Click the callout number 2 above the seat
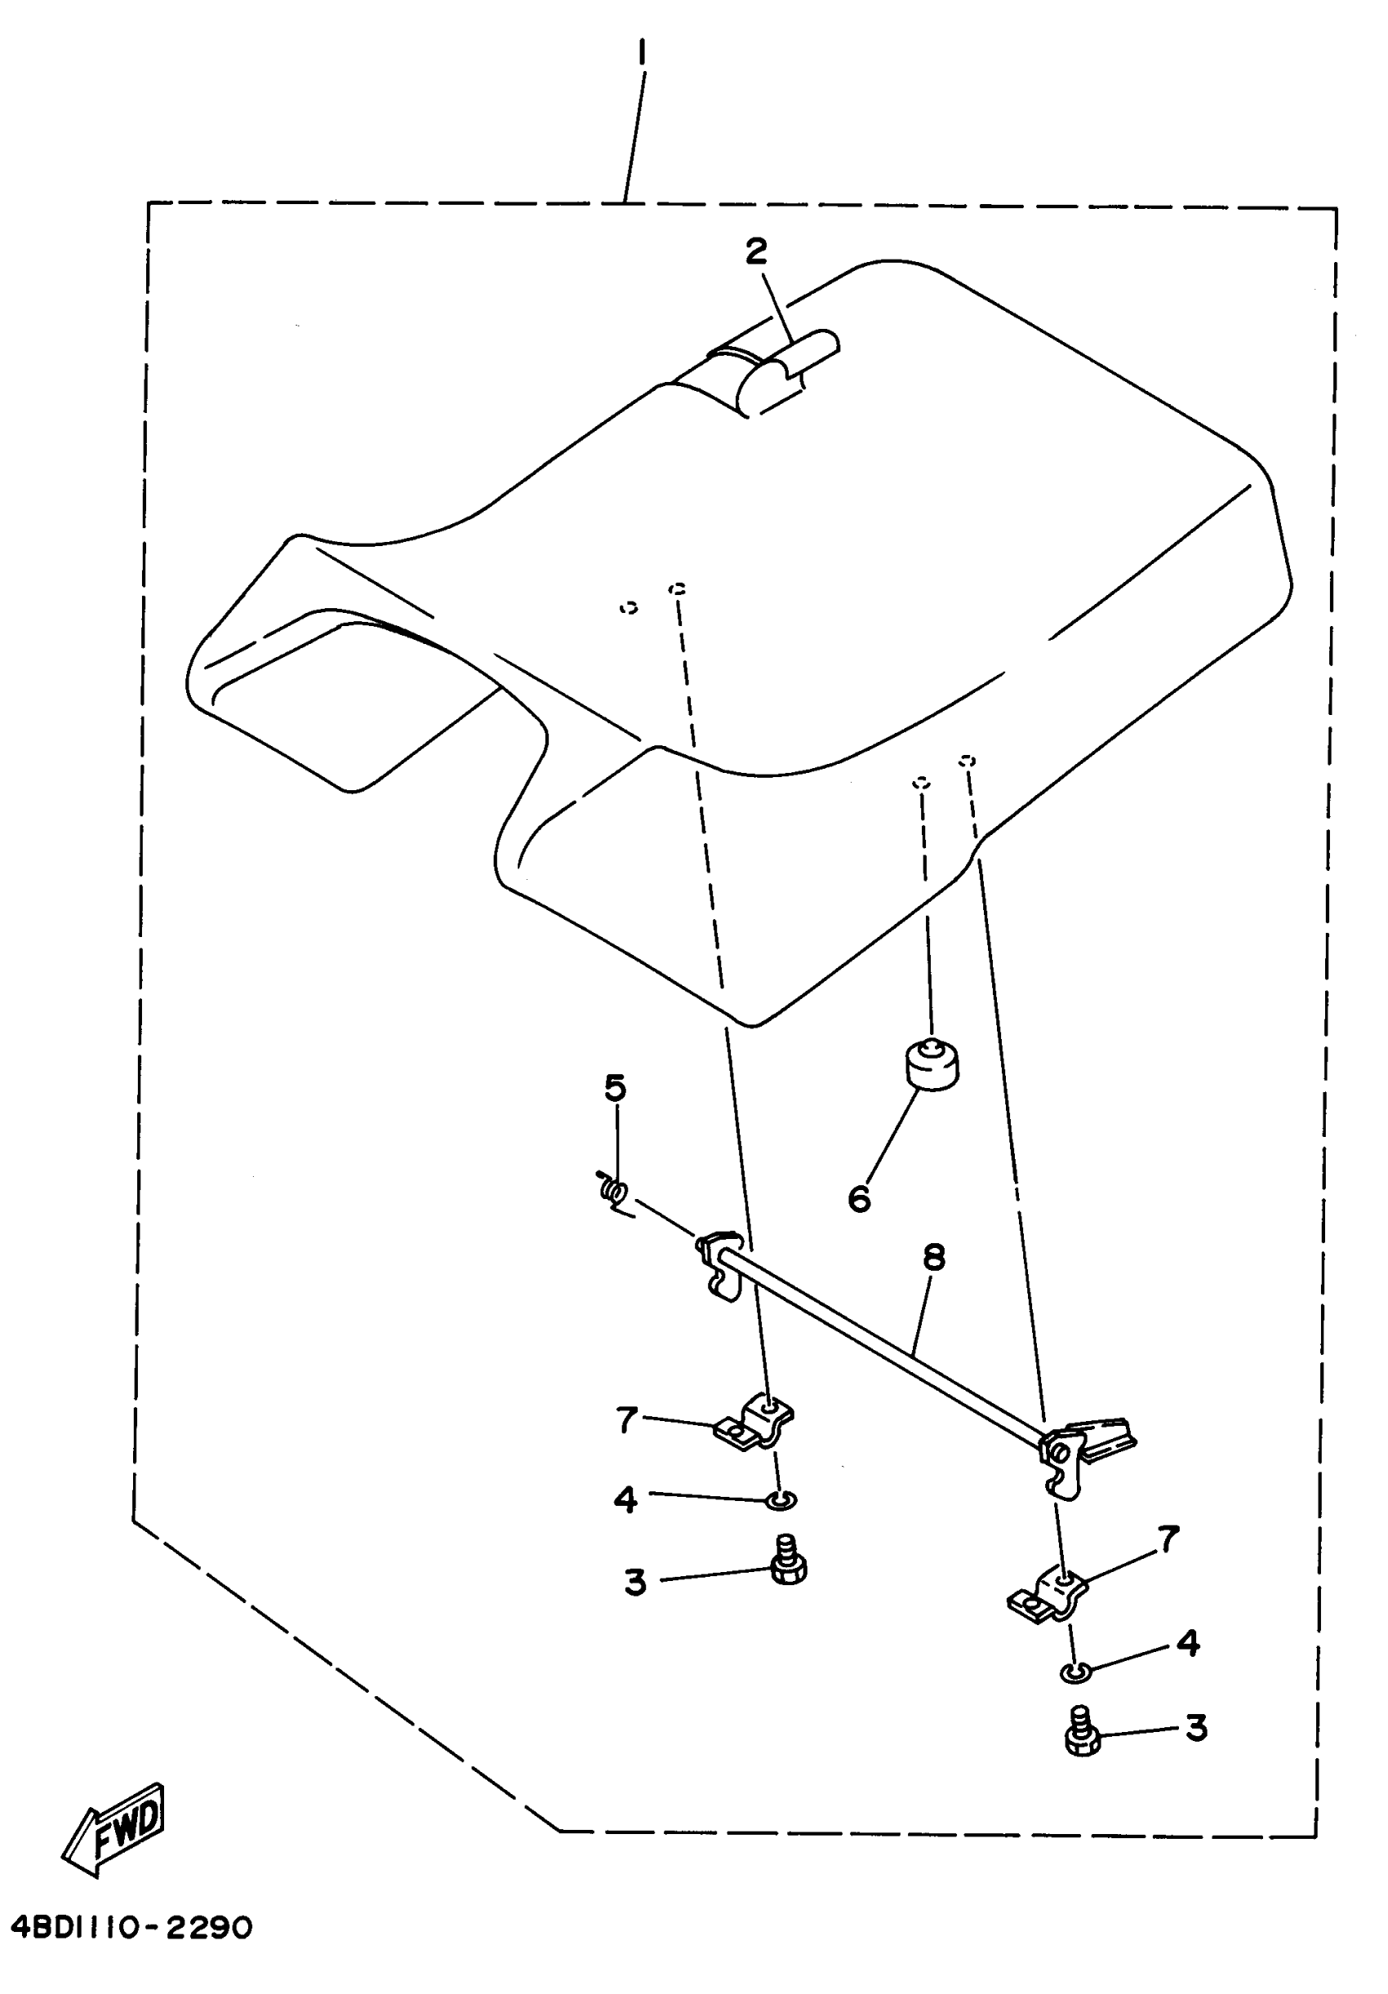(756, 252)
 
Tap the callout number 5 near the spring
(615, 1087)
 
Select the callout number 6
(858, 1198)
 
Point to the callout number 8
(934, 1257)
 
